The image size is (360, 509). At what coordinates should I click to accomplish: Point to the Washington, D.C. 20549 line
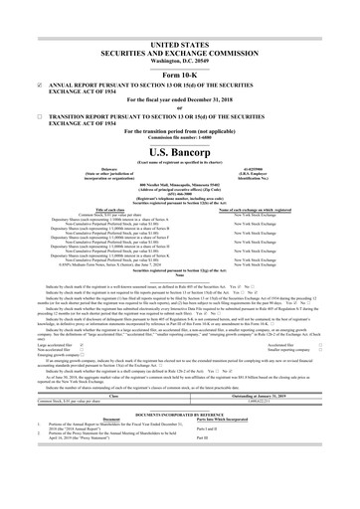tap(180, 37)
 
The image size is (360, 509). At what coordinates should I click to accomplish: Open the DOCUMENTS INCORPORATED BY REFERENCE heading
tap(180, 443)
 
